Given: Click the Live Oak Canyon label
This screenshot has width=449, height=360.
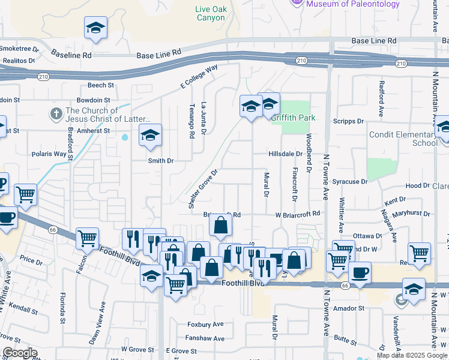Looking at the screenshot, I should (x=210, y=13).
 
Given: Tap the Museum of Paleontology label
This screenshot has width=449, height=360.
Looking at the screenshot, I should (x=352, y=4).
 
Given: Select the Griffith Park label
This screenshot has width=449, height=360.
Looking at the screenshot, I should (x=292, y=118).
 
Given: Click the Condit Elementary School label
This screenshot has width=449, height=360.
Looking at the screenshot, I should (x=408, y=139).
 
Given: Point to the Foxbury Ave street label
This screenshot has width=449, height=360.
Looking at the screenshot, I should (x=205, y=324).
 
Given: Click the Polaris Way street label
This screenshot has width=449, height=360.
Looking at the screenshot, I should (x=49, y=154).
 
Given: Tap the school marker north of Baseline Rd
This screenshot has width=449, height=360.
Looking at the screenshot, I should (x=95, y=29).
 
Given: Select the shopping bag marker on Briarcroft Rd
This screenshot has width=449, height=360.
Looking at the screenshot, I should (x=221, y=226).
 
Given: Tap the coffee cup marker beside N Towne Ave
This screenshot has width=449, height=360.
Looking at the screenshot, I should (x=360, y=273).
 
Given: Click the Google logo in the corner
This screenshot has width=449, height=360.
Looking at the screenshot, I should (x=20, y=353).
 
